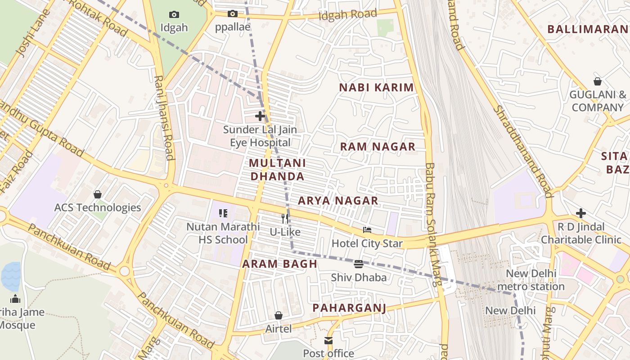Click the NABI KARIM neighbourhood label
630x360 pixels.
click(x=376, y=87)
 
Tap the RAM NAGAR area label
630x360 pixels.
click(x=378, y=147)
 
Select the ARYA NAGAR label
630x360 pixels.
click(x=338, y=201)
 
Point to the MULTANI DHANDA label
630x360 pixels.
click(x=277, y=170)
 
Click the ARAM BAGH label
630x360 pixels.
click(x=280, y=264)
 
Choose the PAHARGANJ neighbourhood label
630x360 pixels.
click(x=350, y=308)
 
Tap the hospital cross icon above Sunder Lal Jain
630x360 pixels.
click(x=260, y=116)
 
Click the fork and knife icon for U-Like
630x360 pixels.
click(x=284, y=219)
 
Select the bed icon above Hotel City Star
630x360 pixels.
click(x=367, y=230)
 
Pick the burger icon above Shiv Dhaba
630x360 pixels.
click(x=359, y=264)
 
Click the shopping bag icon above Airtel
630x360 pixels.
click(x=279, y=315)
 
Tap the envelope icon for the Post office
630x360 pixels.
click(x=328, y=341)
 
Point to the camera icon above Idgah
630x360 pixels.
click(x=174, y=15)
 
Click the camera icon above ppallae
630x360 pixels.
click(x=232, y=14)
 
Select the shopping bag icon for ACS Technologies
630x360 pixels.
click(x=98, y=194)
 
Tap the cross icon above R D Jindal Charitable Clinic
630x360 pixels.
click(x=581, y=213)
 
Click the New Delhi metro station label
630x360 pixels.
click(x=531, y=280)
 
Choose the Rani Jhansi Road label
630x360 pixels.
click(x=164, y=118)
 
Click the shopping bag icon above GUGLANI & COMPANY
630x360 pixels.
click(x=598, y=81)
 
